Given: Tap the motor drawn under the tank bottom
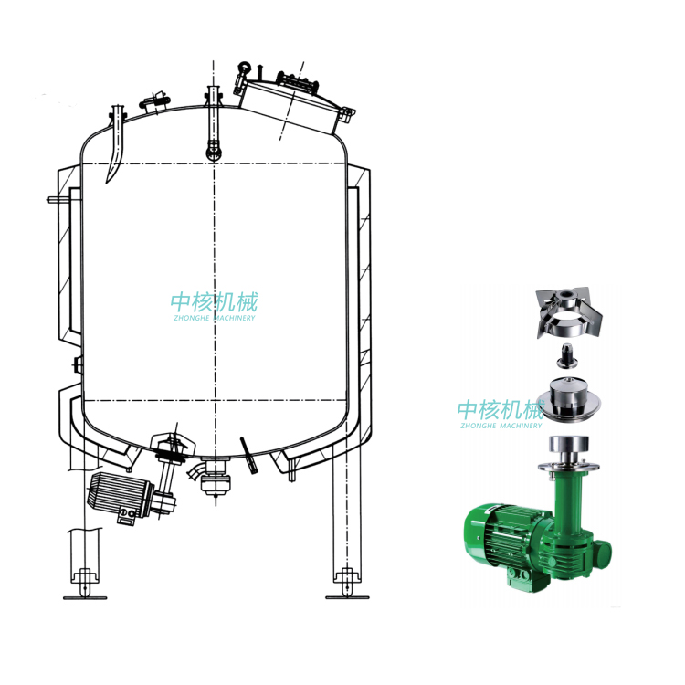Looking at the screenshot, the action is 121,496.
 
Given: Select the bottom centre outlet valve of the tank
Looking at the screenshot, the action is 215,479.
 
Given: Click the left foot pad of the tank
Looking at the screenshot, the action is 85,597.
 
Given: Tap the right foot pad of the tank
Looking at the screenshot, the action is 348,597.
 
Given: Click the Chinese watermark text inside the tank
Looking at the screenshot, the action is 214,302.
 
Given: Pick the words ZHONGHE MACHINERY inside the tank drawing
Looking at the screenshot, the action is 214,318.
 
